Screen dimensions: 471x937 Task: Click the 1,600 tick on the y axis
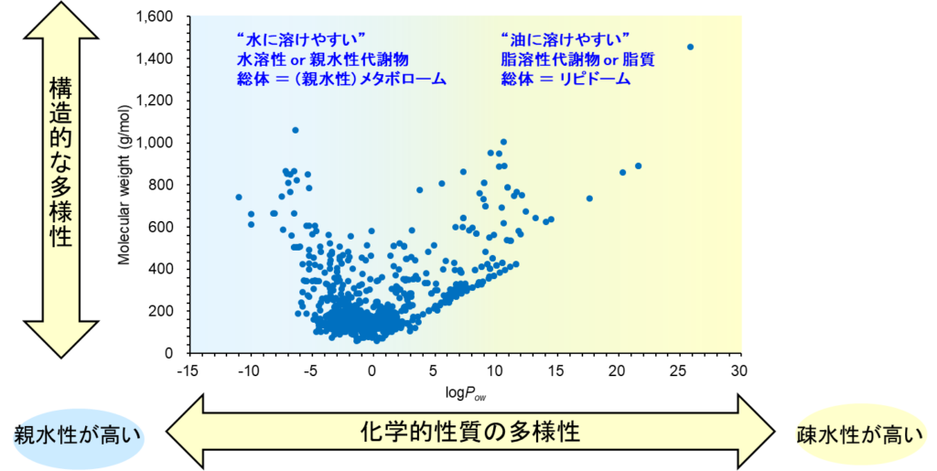coord(160,16)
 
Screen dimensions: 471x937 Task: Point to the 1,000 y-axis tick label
coord(160,143)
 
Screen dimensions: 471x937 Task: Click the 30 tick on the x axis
coord(738,370)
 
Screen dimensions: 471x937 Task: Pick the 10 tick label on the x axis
coord(494,370)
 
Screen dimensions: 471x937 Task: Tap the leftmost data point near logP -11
coord(239,197)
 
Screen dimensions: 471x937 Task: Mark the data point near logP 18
coord(589,198)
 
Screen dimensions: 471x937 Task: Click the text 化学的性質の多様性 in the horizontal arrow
coord(469,431)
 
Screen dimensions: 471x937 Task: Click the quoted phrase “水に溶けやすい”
coord(300,40)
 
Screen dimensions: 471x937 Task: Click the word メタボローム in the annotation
coord(401,80)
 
